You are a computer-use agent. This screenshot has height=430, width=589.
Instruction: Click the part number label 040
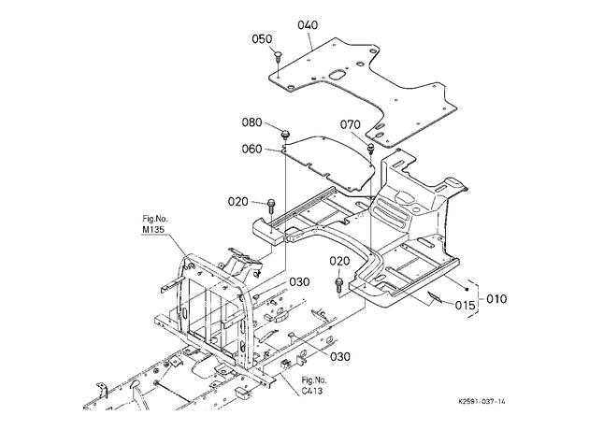[308, 25]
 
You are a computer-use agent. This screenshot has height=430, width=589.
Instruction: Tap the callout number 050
[262, 39]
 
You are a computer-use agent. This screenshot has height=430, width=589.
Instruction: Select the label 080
[251, 122]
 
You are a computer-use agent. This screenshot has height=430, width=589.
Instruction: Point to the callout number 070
[350, 124]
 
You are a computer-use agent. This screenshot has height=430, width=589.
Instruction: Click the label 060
[251, 149]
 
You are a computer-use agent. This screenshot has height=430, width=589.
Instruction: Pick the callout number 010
[496, 299]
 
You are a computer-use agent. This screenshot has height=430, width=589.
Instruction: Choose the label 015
[465, 306]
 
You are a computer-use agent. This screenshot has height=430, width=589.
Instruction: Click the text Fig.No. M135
[154, 223]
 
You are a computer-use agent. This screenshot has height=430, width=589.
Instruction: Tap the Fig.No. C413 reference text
[314, 386]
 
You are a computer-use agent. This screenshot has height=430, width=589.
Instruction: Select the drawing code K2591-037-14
[481, 401]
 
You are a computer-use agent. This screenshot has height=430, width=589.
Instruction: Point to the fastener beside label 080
[285, 134]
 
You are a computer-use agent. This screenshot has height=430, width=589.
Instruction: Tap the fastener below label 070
[371, 147]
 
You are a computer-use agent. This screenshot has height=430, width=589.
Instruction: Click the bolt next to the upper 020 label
[271, 207]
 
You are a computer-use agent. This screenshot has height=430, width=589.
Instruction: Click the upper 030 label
[299, 282]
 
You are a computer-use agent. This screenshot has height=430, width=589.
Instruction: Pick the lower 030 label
[340, 356]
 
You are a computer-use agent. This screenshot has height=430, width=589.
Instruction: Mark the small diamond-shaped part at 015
[434, 296]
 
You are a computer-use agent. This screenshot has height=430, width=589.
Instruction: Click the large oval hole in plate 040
[337, 75]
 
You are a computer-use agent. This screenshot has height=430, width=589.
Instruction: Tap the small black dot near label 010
[467, 289]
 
